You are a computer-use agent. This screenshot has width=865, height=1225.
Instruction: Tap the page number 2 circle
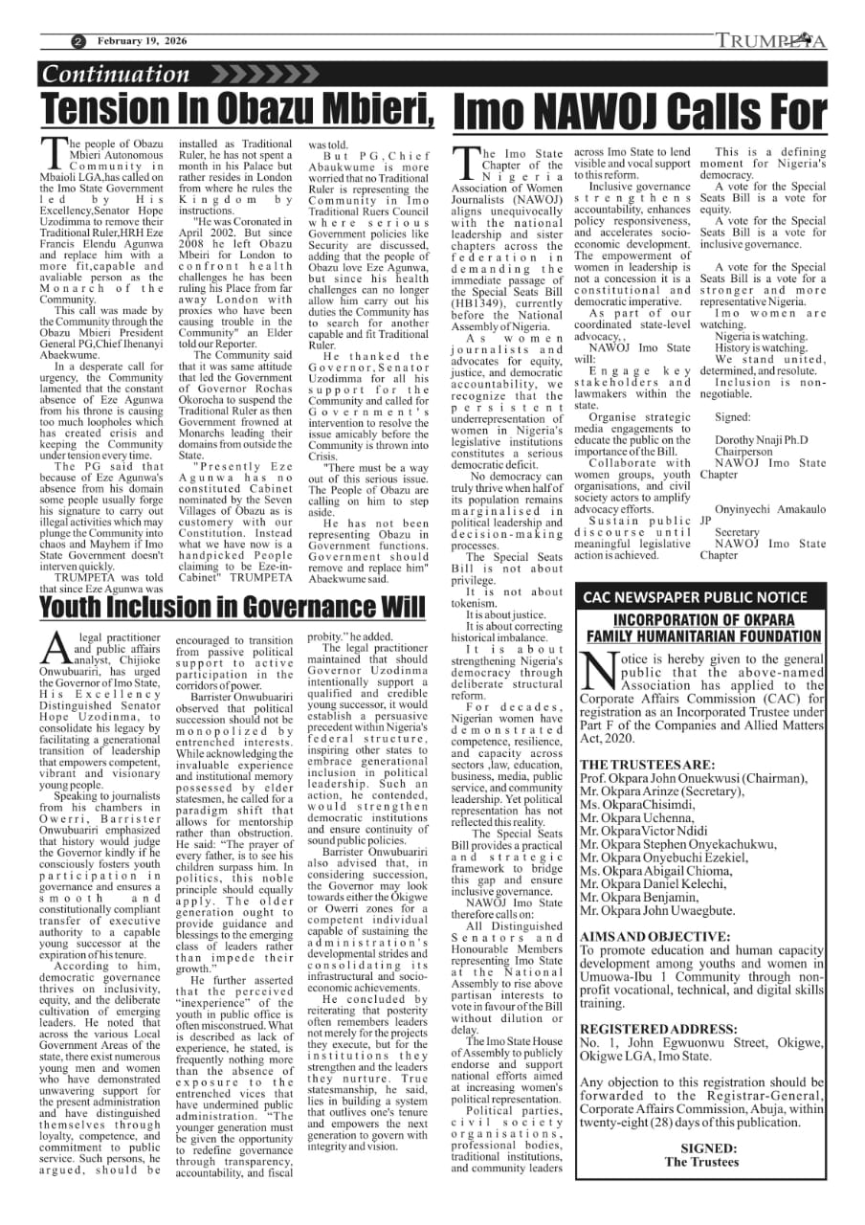coord(78,41)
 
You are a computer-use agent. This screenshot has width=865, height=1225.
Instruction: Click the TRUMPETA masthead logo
coord(771,41)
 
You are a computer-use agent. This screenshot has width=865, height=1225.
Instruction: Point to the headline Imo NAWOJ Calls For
coord(638,113)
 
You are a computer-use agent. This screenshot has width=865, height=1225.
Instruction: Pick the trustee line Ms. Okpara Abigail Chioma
coord(659,873)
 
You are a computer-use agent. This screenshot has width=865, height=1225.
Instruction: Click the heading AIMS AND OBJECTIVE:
coord(655,936)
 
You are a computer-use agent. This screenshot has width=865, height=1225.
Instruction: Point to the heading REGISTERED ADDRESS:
coord(659,1029)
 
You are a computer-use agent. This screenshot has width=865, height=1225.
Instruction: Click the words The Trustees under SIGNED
coord(701,1162)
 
